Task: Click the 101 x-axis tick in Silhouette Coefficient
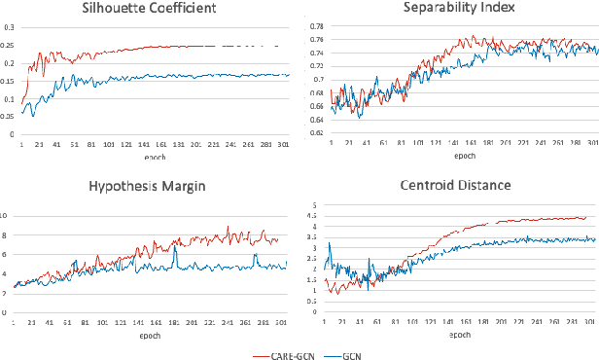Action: (108, 142)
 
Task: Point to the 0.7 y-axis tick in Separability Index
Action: (317, 80)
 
